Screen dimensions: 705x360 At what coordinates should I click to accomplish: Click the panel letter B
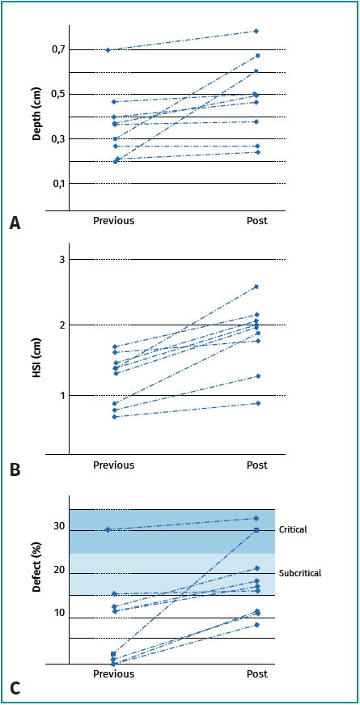tap(15, 468)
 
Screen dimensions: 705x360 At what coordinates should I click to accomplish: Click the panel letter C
tap(15, 689)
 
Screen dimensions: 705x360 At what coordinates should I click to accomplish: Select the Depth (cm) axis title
tap(37, 117)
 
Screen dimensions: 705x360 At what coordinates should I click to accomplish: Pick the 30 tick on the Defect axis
tap(59, 526)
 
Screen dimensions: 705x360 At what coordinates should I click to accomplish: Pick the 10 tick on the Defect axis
tap(59, 613)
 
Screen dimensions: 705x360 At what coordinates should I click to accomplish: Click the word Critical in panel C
tap(293, 529)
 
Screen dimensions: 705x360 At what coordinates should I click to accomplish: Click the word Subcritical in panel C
tap(300, 573)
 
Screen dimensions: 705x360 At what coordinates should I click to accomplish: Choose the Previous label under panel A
tap(113, 220)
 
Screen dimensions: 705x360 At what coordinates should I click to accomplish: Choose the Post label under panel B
tap(256, 465)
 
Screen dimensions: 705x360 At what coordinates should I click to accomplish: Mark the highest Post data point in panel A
tap(256, 31)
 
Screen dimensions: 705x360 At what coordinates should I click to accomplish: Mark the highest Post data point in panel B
tap(256, 287)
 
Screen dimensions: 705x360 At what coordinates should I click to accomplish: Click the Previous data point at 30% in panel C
tap(108, 529)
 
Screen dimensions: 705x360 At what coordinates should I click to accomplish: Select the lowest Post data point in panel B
tap(257, 403)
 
